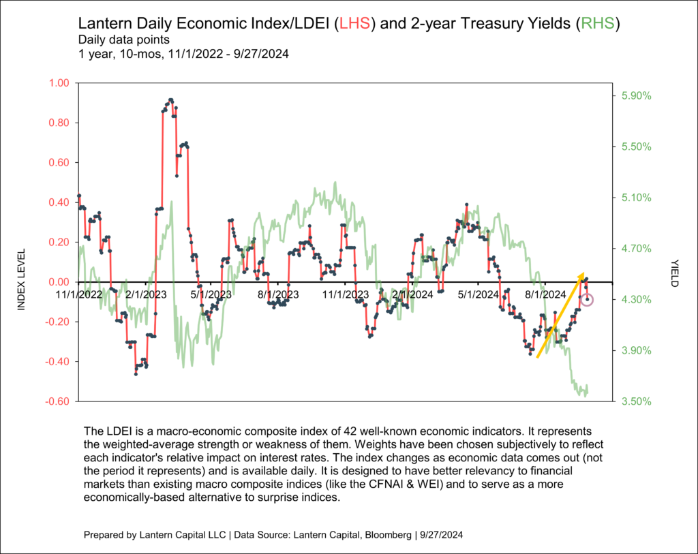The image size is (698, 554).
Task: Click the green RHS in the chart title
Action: [596, 25]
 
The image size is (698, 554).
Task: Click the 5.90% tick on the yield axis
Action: [636, 96]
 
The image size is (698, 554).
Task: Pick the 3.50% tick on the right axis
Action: [636, 401]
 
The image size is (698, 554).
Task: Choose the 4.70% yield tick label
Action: [636, 249]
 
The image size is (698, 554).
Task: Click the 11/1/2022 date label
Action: [79, 295]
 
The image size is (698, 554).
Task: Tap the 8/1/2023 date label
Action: [277, 295]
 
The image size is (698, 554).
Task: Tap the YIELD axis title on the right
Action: [674, 273]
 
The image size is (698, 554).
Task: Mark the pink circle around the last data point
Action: [588, 300]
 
